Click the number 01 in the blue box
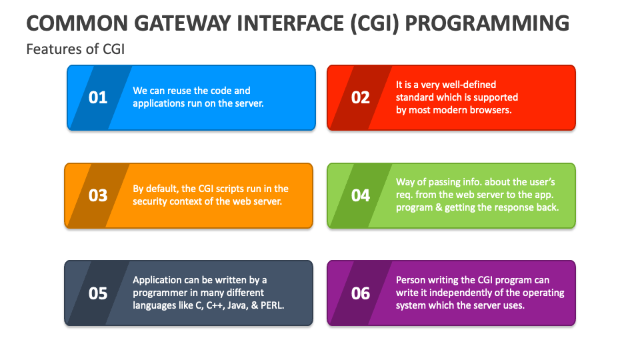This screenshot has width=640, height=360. click(x=98, y=97)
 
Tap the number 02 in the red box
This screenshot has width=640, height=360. click(x=361, y=97)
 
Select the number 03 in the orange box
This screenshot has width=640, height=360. click(x=98, y=195)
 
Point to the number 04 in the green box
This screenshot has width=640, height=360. click(x=361, y=195)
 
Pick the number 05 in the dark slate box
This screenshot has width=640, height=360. click(x=98, y=293)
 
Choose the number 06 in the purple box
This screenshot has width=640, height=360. click(x=361, y=293)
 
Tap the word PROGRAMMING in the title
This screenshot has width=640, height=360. click(x=487, y=23)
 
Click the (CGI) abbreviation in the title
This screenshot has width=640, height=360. click(x=374, y=24)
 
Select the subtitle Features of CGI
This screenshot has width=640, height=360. click(x=75, y=49)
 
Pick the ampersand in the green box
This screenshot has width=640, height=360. click(x=439, y=207)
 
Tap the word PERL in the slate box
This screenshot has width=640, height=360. click(x=272, y=305)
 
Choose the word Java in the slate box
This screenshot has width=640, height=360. click(x=237, y=305)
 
